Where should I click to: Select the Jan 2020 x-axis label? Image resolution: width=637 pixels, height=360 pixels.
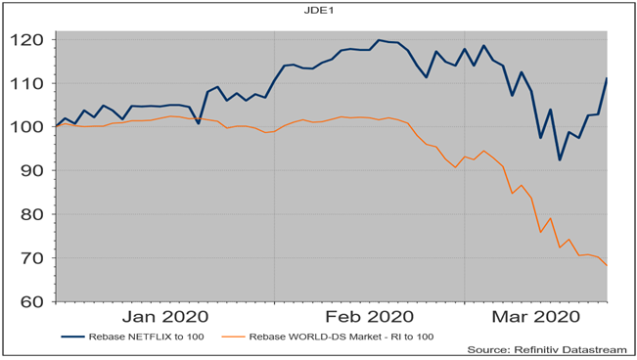(x=163, y=317)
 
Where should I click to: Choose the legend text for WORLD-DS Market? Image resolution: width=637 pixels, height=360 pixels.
(x=343, y=337)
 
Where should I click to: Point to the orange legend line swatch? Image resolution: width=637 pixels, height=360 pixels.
(x=235, y=337)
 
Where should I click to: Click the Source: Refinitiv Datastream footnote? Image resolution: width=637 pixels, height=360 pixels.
(x=550, y=349)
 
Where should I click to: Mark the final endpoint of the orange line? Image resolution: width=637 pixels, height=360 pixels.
(x=607, y=265)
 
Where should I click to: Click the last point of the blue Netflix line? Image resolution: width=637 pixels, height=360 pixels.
(x=607, y=78)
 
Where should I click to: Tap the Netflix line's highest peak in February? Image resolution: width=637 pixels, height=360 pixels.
(x=378, y=40)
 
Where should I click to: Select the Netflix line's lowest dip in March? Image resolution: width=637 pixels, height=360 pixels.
(x=560, y=160)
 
